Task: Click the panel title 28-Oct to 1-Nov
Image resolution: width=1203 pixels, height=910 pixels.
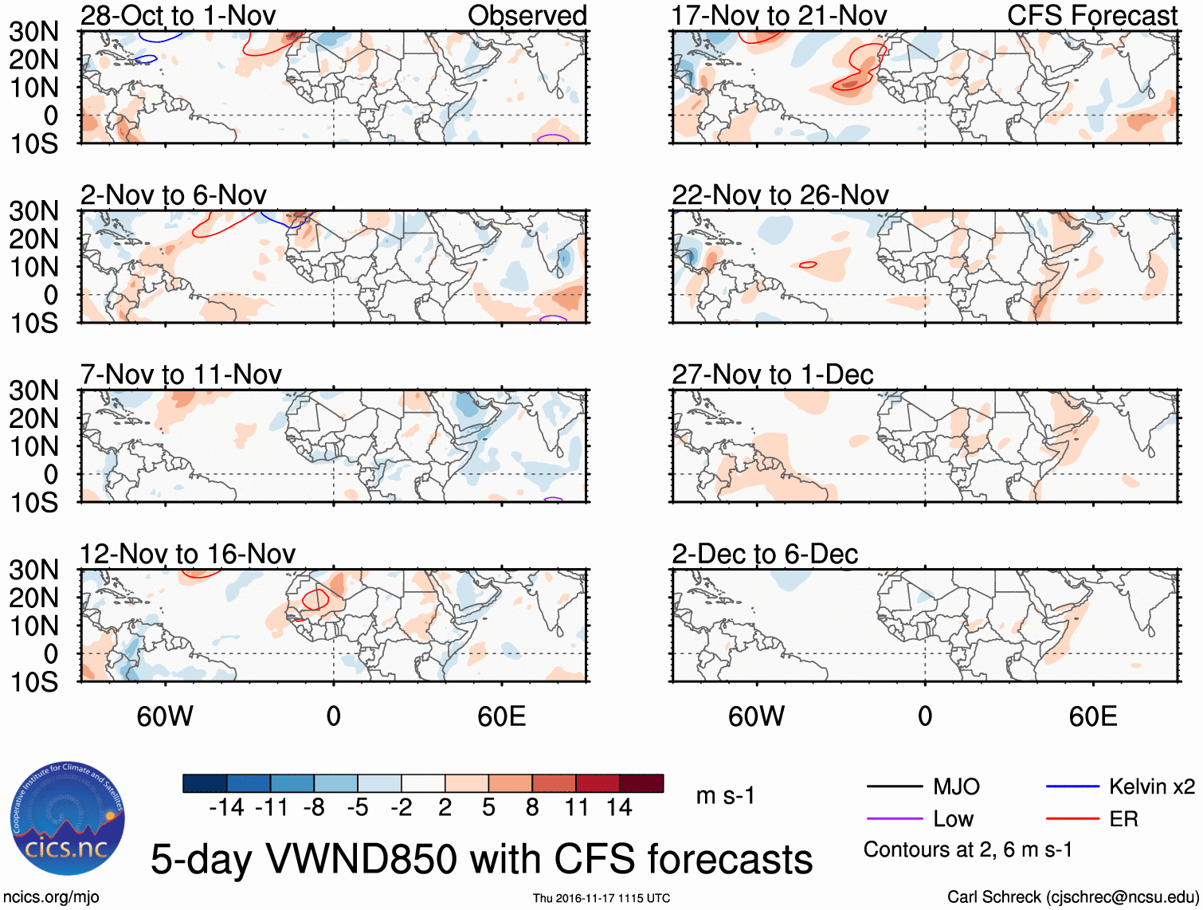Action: tap(178, 15)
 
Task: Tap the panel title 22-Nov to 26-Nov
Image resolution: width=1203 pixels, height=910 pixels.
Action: tap(779, 195)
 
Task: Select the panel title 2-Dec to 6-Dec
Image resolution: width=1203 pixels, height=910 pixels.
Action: tap(764, 554)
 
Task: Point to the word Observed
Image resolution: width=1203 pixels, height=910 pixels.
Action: tap(527, 15)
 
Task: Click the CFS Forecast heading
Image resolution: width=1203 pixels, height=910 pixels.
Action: tap(1091, 15)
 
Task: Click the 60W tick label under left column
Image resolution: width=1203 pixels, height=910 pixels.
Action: tap(165, 716)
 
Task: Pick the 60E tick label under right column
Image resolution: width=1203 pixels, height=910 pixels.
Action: tap(1092, 716)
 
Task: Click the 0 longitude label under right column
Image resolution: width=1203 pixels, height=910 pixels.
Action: tap(924, 716)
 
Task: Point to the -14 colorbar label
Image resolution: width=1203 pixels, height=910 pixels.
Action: tap(226, 808)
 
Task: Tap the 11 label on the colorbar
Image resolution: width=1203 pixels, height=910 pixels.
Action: tap(576, 808)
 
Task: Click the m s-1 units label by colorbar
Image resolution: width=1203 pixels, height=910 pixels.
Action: tap(725, 795)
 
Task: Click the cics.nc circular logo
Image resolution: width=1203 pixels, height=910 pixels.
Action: tap(68, 818)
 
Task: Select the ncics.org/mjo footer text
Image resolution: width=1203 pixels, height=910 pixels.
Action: tap(51, 897)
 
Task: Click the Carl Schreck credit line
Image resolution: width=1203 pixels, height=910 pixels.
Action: tap(1072, 897)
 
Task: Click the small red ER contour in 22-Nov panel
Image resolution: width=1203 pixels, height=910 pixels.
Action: tap(808, 265)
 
